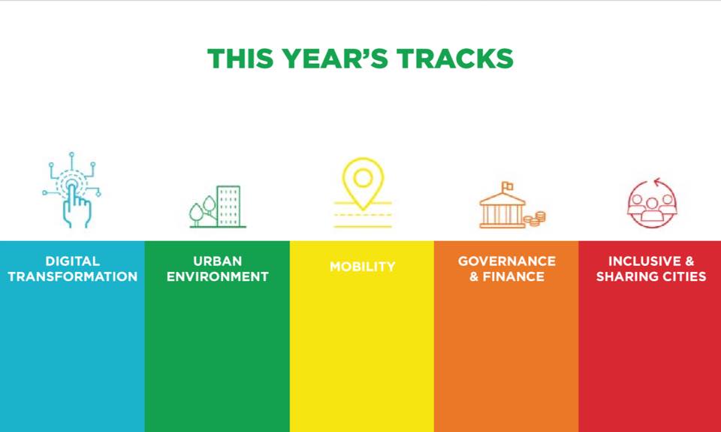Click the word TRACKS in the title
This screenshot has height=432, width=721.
[455, 59]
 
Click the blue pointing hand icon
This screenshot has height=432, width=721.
[72, 190]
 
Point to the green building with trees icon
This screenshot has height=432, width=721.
[218, 207]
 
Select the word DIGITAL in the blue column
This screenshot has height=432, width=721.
[72, 261]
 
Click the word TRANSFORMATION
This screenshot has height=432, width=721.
[73, 276]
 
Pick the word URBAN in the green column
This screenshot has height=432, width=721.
[218, 261]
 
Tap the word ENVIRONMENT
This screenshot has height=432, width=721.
[218, 276]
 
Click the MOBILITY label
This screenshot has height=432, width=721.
[362, 267]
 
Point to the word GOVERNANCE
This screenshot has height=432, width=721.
[507, 261]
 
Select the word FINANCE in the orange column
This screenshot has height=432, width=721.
[514, 276]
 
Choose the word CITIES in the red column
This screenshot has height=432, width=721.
[683, 276]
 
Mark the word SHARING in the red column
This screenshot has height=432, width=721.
[625, 276]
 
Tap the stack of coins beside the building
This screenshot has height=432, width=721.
[535, 219]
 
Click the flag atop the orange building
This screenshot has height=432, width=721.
[507, 186]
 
